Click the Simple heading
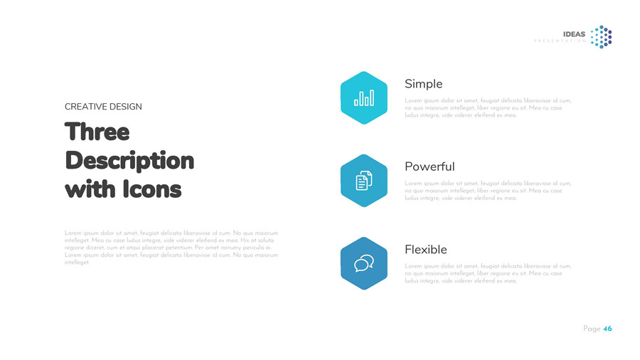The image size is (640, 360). (423, 84)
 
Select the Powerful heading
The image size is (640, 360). (430, 166)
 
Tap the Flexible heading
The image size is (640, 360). (426, 250)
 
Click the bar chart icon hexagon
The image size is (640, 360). (363, 98)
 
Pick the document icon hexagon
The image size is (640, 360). (363, 181)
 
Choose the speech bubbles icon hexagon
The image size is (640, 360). (363, 263)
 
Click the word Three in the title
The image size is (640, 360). (97, 132)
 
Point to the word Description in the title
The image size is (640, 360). (129, 161)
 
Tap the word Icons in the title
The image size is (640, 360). (152, 190)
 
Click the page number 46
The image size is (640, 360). (607, 329)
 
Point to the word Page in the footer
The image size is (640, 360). (592, 329)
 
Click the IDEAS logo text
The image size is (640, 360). (574, 34)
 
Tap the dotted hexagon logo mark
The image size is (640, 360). (602, 37)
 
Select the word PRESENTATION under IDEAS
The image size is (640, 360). (560, 41)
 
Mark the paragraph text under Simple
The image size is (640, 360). (488, 108)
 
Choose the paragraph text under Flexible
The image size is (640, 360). (488, 273)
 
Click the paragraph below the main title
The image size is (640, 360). (171, 248)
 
